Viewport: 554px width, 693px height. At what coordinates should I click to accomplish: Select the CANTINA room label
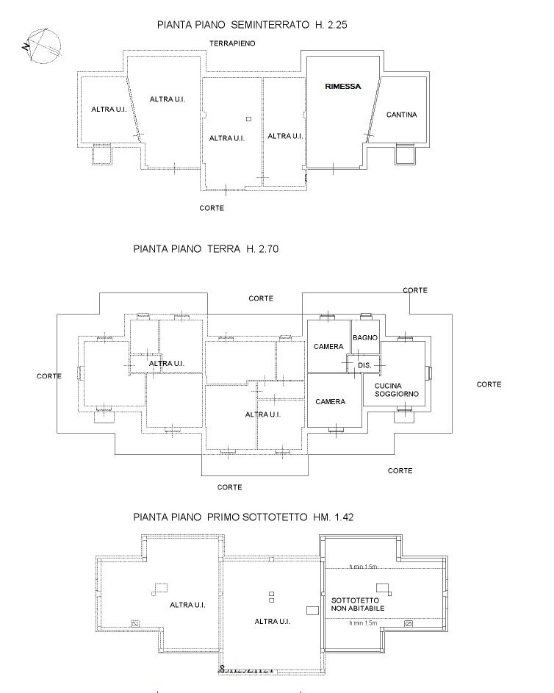point(402,115)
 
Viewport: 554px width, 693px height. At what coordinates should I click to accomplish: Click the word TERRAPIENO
point(232,44)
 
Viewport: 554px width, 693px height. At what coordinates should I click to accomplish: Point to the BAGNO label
point(364,337)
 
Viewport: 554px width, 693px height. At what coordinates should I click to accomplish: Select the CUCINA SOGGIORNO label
point(397,390)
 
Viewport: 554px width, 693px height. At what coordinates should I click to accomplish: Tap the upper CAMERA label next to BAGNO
point(328,346)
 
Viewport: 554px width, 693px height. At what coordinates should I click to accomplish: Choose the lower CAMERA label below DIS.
point(331,402)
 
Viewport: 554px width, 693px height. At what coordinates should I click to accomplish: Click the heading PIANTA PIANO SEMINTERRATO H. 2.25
point(252,24)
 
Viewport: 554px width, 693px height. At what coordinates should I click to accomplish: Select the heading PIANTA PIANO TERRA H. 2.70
point(206,249)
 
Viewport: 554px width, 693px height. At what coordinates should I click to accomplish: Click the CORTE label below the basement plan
point(212,208)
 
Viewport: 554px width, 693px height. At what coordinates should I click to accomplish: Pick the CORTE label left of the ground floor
point(49,376)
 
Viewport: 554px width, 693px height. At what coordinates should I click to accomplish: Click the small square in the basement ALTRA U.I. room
point(249,119)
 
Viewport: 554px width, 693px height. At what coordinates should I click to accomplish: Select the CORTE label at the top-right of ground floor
point(415,290)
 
